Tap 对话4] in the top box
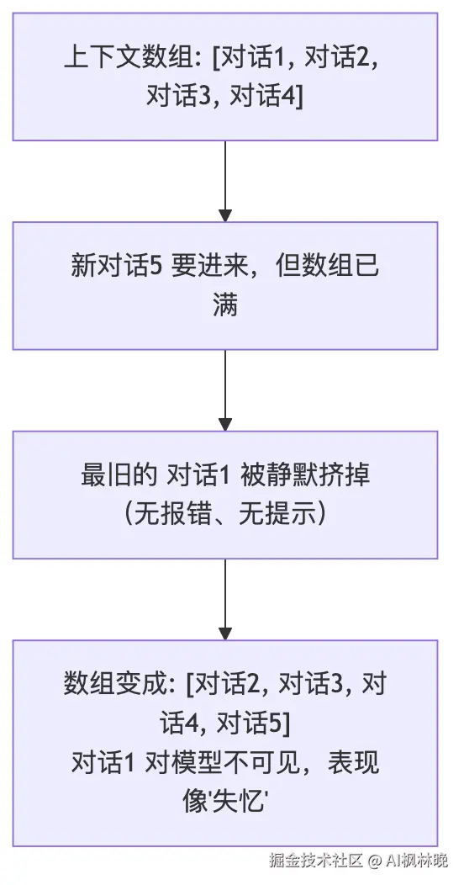[266, 96]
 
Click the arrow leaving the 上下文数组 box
[225, 181]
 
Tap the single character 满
[225, 305]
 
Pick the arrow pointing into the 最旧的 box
[225, 390]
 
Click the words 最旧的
[119, 476]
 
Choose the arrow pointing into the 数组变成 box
[225, 600]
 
